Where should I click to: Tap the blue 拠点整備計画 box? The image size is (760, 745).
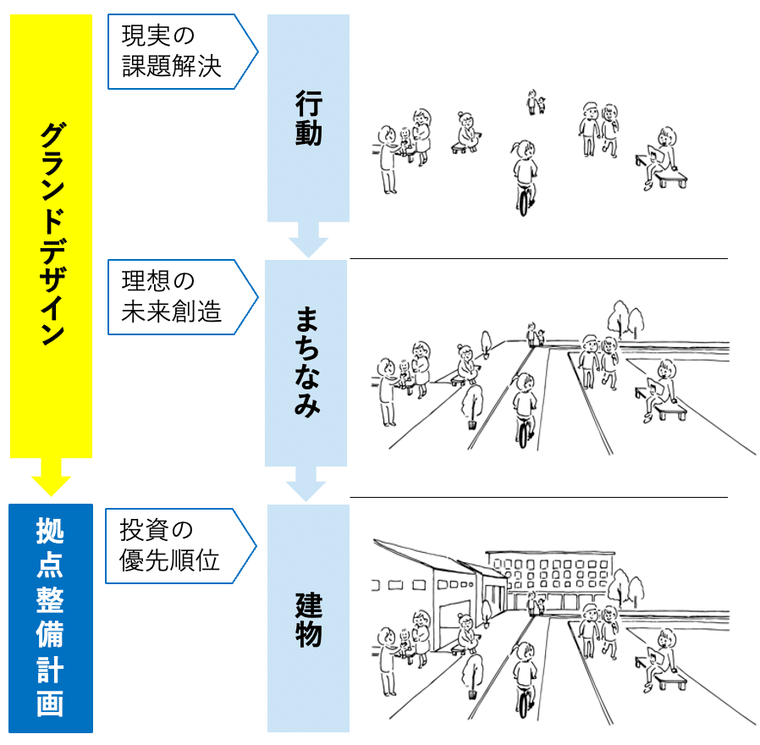point(51,618)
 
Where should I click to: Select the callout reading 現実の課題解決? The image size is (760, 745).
point(183,52)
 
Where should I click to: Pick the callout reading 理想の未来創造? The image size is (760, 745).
point(183,297)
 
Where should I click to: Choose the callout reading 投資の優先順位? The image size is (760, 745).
point(181,546)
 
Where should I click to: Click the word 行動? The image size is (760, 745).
point(309,119)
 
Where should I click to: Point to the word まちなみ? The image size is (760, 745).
point(307,361)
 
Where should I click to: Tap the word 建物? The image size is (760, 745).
point(309,620)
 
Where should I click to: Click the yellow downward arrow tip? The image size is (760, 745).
point(51,495)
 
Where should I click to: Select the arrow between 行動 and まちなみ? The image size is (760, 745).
point(308,240)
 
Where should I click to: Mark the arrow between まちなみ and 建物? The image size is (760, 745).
point(306,483)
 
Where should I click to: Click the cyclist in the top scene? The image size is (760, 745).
point(525,178)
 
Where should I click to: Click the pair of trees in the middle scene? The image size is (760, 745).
point(625,319)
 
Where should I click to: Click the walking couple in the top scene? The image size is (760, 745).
point(598,130)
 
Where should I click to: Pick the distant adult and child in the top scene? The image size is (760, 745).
point(536,102)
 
